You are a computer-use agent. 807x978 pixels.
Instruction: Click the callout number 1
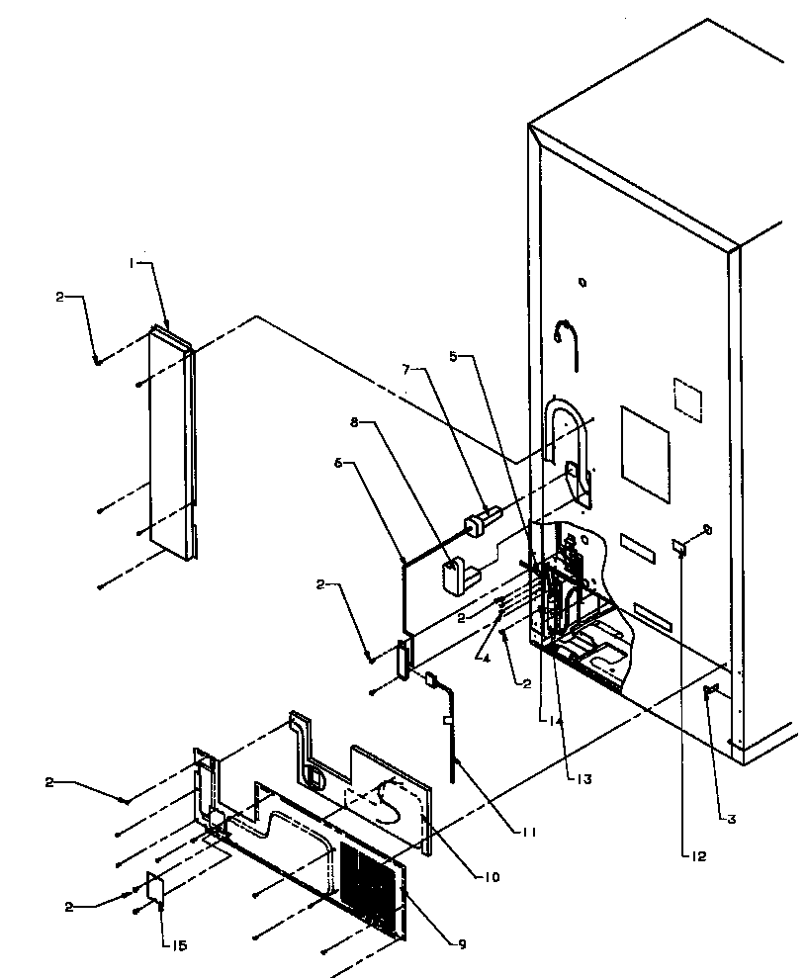click(131, 263)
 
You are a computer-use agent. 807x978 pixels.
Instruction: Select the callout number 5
click(454, 357)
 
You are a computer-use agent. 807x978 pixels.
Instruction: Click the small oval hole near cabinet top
click(583, 283)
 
